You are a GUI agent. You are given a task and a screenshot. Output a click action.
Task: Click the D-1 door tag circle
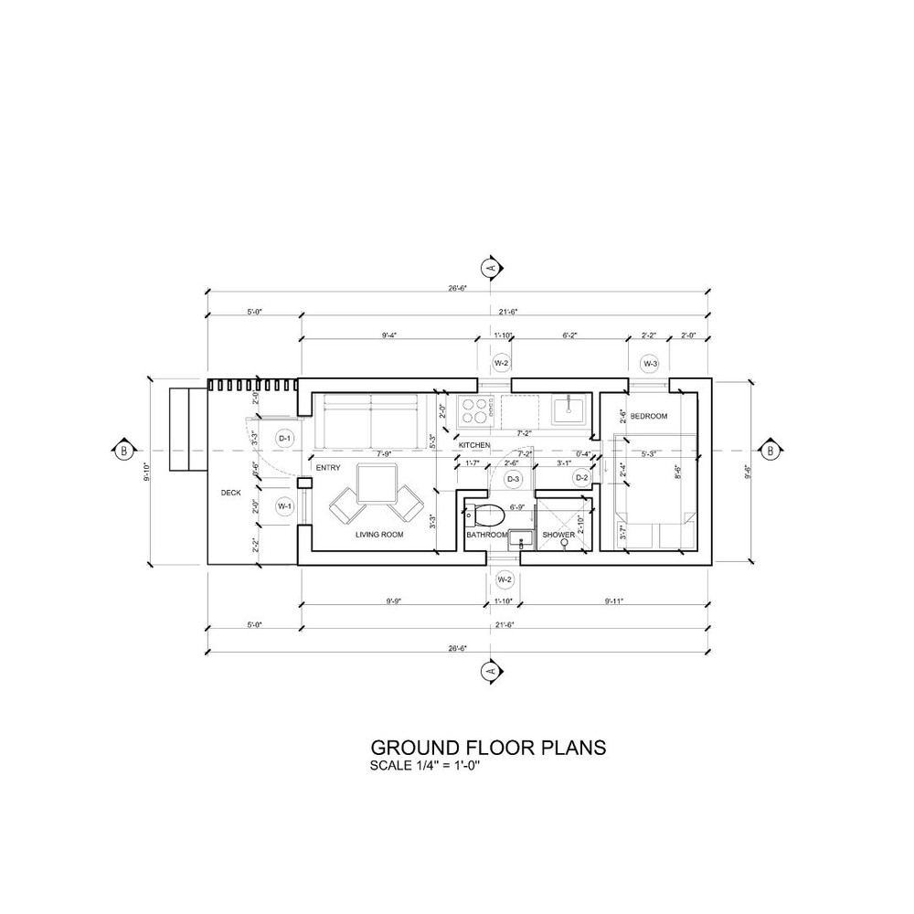(x=284, y=439)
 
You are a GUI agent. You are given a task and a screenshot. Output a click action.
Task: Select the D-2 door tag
(x=581, y=477)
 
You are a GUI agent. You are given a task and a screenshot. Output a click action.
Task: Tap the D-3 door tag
(x=513, y=478)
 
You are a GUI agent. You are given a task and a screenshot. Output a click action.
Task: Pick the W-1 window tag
(x=284, y=505)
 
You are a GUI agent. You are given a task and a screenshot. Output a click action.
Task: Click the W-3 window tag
(x=650, y=364)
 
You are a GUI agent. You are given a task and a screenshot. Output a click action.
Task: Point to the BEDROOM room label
(x=649, y=417)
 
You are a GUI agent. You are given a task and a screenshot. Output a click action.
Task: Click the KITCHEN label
(x=474, y=445)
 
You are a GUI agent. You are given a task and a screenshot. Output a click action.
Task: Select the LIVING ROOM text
(x=379, y=535)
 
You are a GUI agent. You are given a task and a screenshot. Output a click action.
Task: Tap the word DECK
(x=230, y=493)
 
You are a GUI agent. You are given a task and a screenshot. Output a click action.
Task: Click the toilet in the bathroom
(x=486, y=511)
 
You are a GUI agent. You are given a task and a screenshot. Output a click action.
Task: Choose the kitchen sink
(x=569, y=409)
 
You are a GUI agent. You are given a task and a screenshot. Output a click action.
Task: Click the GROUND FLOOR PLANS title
(x=486, y=748)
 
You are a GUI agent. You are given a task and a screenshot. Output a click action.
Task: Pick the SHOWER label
(x=558, y=535)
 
